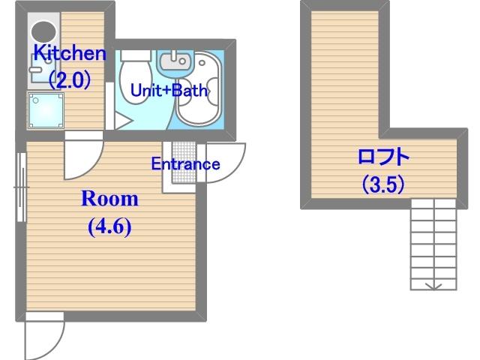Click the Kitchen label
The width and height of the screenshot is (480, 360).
tap(70, 53)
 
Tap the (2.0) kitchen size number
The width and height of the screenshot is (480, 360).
tap(70, 79)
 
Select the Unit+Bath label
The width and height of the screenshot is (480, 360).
tap(169, 90)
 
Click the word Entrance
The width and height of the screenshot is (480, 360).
tap(185, 163)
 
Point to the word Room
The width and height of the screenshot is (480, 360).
tap(110, 199)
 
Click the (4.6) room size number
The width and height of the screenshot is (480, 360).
tap(110, 226)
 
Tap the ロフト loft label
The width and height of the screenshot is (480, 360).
tap(383, 157)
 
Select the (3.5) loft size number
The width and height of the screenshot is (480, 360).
tap(383, 184)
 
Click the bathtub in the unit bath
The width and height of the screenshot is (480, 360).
tap(199, 88)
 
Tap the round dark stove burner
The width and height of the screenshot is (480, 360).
tap(43, 31)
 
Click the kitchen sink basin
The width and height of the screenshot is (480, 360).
tap(43, 69)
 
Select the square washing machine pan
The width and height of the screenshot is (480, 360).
tap(46, 110)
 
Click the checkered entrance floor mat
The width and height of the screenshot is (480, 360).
tap(184, 162)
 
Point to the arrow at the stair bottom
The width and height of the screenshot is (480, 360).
tap(433, 286)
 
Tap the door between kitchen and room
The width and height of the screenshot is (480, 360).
tap(83, 155)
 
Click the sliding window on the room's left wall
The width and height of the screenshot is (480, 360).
tap(22, 187)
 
